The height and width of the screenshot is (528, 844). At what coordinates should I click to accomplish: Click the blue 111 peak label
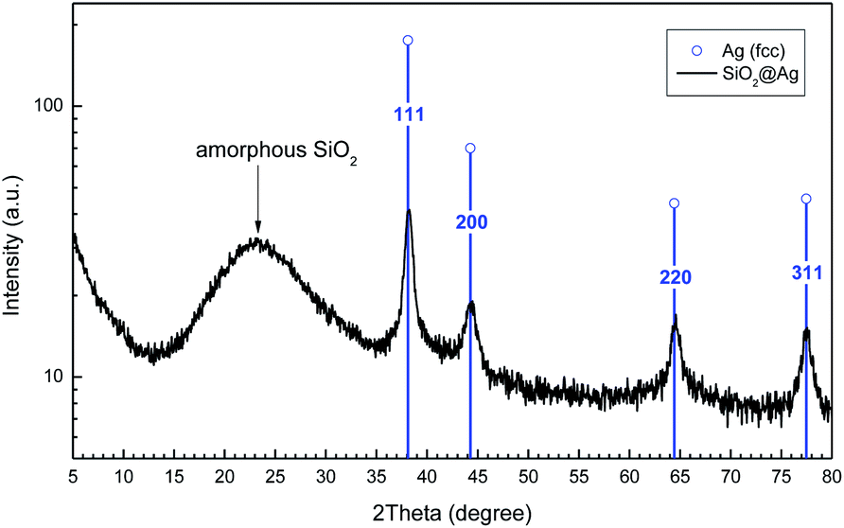coord(409,114)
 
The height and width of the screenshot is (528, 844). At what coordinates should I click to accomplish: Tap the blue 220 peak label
coord(676,277)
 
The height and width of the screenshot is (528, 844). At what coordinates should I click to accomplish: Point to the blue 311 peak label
coord(806,273)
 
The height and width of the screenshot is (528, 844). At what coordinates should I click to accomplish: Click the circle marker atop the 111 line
coord(408,41)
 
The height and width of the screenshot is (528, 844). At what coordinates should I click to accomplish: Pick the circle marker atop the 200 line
coord(470,149)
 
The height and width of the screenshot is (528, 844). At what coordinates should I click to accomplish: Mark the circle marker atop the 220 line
coord(675,203)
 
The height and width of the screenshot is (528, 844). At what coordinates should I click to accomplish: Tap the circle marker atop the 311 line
coord(806,199)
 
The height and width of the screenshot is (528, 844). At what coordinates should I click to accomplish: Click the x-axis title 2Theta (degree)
coord(451,512)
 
